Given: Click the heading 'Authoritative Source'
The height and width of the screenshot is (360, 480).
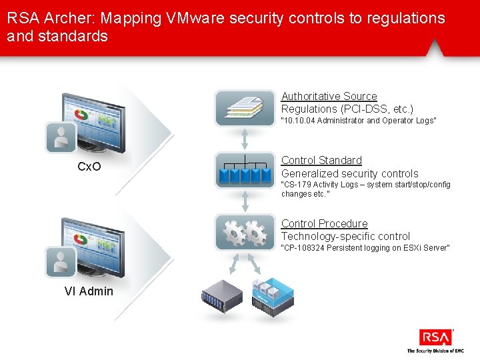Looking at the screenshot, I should [329, 97].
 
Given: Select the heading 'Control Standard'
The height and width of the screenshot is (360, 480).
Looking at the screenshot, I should [321, 161].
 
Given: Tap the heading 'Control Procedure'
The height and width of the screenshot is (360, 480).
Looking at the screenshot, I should [324, 224].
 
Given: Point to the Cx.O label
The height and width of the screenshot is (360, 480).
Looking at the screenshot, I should [89, 167].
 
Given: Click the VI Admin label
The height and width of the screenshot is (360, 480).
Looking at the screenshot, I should [89, 291].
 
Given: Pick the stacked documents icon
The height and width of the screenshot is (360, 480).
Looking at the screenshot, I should [245, 108].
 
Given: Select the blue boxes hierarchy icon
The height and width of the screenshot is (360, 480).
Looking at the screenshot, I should [245, 171].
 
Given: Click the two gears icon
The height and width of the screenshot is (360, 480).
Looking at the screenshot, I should [245, 233].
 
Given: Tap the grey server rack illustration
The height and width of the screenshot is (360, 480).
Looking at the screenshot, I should [222, 297].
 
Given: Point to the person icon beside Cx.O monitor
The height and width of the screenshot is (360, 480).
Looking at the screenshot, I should [61, 137].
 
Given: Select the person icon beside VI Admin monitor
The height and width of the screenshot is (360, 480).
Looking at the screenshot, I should [61, 262].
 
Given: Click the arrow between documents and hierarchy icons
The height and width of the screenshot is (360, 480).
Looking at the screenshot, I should [245, 139].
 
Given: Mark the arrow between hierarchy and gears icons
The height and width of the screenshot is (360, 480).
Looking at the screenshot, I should [245, 201].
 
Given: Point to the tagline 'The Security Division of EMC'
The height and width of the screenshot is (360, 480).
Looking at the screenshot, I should [435, 351].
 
